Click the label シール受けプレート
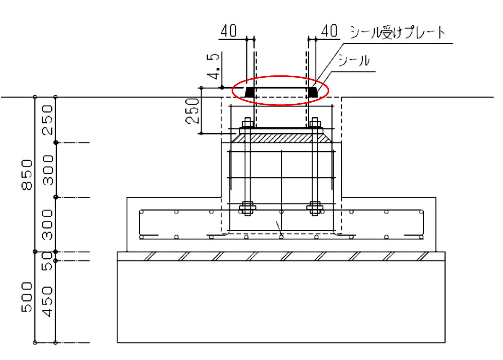[397, 32]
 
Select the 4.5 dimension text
[213, 66]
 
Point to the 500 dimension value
[27, 297]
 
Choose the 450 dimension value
[47, 301]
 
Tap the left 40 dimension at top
[228, 31]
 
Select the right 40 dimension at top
[329, 31]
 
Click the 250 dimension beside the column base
[192, 111]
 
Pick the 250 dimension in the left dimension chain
[47, 120]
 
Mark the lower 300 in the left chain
[47, 224]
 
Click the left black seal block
[250, 92]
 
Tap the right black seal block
[313, 92]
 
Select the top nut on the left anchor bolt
[247, 123]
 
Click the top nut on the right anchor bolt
[315, 123]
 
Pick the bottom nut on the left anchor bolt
[247, 208]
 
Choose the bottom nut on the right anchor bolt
[315, 208]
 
